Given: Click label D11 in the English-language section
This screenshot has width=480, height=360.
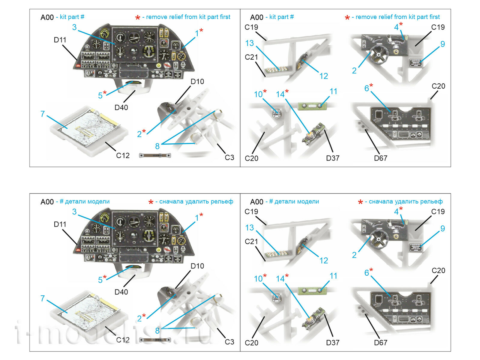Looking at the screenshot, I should (x=60, y=40).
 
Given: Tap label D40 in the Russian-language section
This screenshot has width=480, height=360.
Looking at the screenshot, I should (x=121, y=292).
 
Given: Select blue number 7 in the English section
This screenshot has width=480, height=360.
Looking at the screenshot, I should (x=43, y=114).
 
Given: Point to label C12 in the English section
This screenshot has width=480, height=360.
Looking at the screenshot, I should (x=123, y=155).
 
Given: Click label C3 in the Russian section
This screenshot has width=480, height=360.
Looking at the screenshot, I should (x=229, y=342).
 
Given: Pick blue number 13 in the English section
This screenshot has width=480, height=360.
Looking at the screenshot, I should (x=249, y=43).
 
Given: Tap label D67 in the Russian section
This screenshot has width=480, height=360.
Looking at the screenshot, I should (x=380, y=342).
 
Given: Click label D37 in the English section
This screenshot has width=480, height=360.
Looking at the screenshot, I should (x=332, y=158).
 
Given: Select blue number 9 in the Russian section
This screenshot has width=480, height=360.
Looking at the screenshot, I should (x=442, y=229).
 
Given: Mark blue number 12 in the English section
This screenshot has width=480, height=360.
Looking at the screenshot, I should (x=323, y=76).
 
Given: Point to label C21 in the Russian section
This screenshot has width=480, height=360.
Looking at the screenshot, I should (x=251, y=241).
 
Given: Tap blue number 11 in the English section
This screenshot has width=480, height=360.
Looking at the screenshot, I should (x=333, y=91).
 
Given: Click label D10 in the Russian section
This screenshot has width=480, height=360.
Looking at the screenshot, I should (x=197, y=266).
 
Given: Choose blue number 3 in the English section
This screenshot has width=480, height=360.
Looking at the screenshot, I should (x=74, y=27).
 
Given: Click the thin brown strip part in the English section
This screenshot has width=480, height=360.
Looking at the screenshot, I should (x=155, y=155).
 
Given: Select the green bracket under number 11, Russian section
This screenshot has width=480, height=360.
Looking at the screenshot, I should (x=312, y=290).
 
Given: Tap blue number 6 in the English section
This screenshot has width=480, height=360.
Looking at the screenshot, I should (x=366, y=88).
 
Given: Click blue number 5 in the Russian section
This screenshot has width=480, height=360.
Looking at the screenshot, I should (x=100, y=280).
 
